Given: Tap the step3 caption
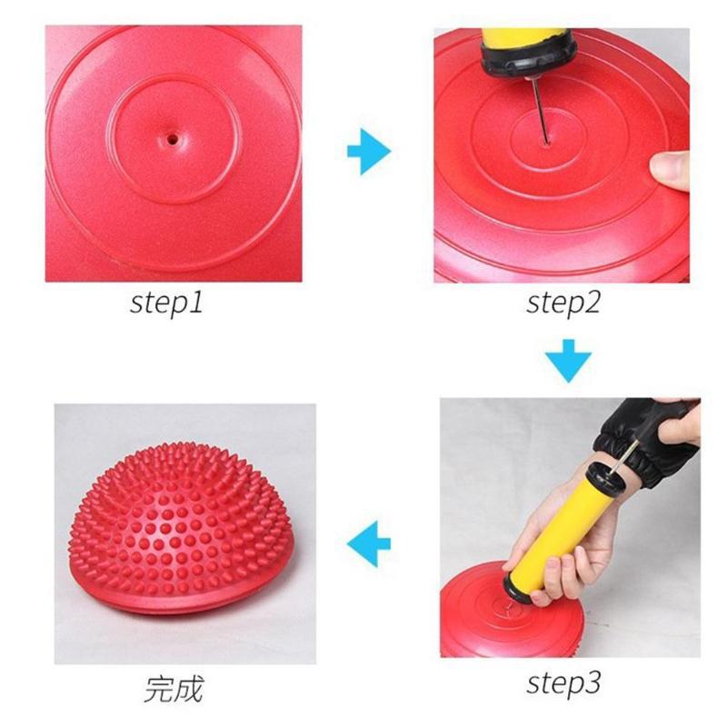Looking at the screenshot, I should pos(563,681).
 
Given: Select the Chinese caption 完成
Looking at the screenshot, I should pos(173,688).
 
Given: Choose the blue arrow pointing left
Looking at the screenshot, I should pos(369,543).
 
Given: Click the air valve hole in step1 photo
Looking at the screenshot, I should pos(171,140).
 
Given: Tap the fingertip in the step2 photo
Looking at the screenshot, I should pos(668,168).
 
